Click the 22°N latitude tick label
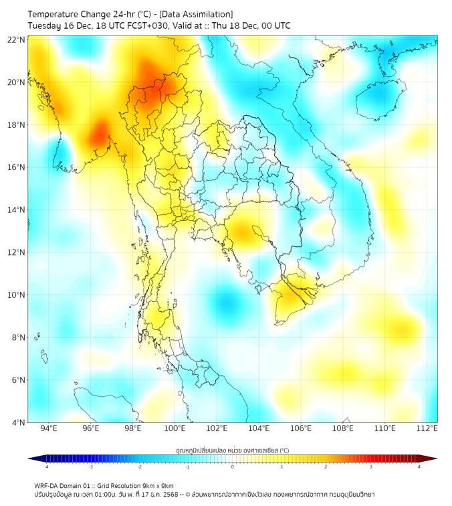(17, 40)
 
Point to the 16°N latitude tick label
(17, 167)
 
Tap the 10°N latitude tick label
(17, 295)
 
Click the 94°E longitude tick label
(49, 428)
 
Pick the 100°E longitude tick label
(175, 428)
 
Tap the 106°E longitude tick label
(301, 428)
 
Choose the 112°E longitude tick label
(427, 428)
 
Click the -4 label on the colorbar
(46, 467)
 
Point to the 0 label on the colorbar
(233, 467)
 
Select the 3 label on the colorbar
(373, 467)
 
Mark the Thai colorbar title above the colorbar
(233, 450)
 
